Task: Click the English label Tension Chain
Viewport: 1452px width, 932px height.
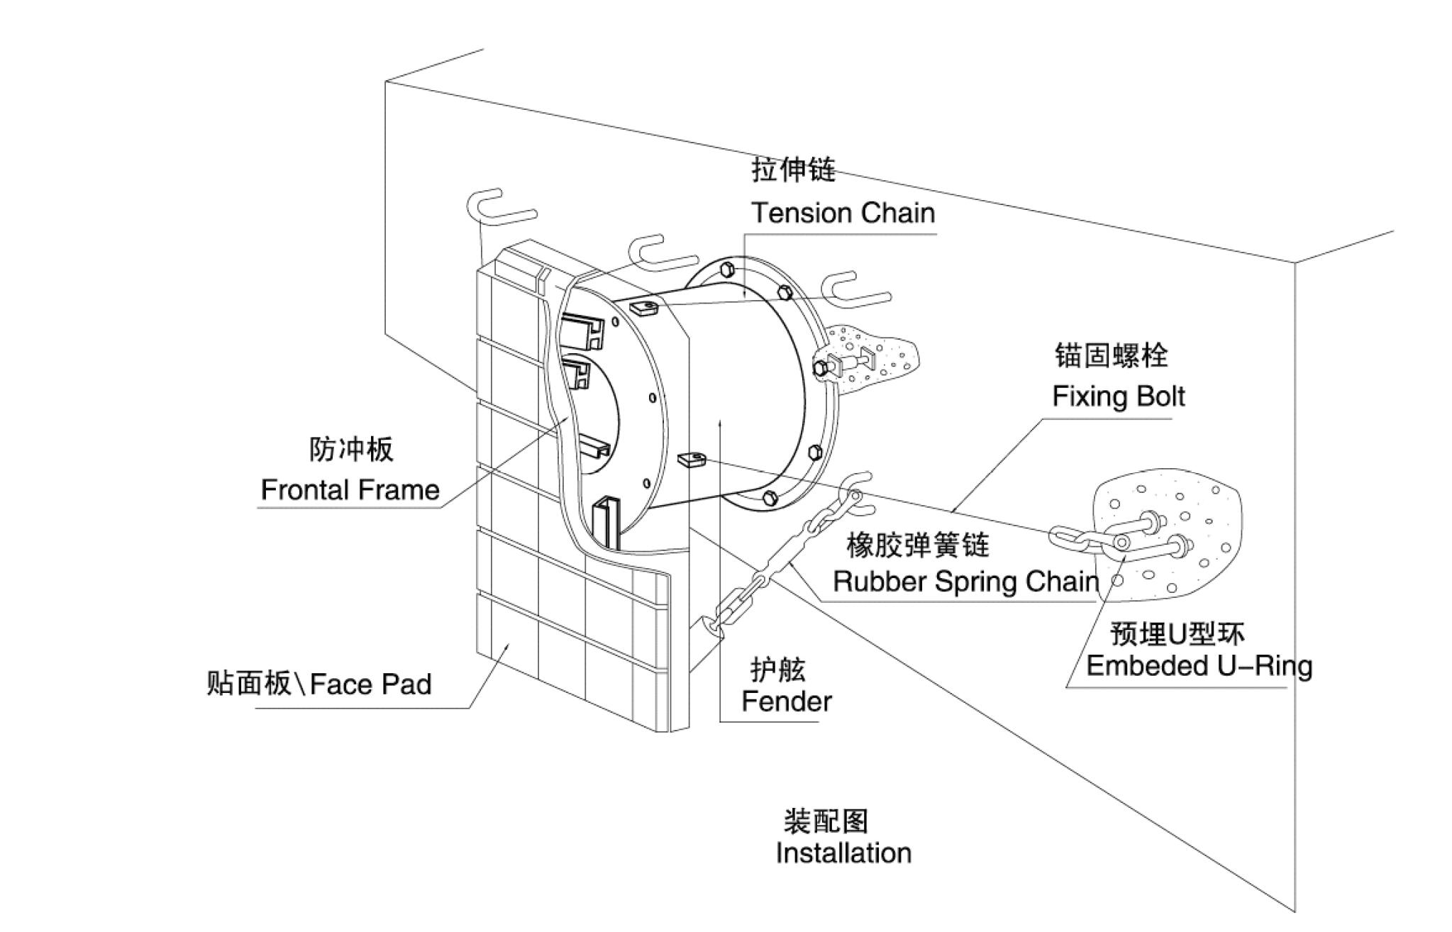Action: pyautogui.click(x=843, y=213)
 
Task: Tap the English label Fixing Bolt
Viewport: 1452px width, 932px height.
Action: pyautogui.click(x=1118, y=396)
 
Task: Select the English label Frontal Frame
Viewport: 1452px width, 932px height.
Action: pyautogui.click(x=350, y=490)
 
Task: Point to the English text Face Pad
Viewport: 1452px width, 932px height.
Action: pyautogui.click(x=371, y=684)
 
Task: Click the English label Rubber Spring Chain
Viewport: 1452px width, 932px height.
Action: pyautogui.click(x=965, y=582)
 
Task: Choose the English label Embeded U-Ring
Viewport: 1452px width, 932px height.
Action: pyautogui.click(x=1199, y=667)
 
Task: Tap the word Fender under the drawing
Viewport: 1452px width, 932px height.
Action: pyautogui.click(x=786, y=701)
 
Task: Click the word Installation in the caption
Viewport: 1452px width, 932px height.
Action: pyautogui.click(x=843, y=853)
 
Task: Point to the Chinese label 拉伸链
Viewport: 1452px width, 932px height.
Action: pyautogui.click(x=793, y=171)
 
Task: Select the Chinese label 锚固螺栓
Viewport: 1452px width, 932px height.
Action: pyautogui.click(x=1111, y=355)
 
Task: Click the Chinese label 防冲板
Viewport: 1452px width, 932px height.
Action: pyautogui.click(x=350, y=449)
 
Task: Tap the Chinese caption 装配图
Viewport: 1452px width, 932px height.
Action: pyautogui.click(x=826, y=821)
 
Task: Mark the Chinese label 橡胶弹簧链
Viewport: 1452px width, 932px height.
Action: pyautogui.click(x=918, y=545)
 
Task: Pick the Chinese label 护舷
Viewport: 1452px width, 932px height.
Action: pyautogui.click(x=778, y=669)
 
